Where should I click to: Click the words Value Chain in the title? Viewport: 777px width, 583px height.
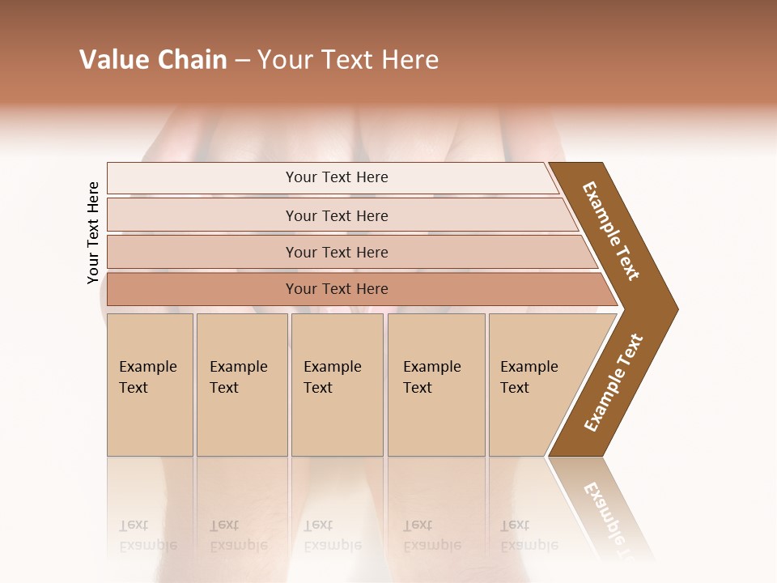[x=153, y=60]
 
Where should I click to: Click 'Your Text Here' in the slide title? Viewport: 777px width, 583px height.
[x=348, y=60]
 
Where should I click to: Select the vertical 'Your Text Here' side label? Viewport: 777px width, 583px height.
[x=93, y=232]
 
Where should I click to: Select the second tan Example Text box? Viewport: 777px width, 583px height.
[x=242, y=385]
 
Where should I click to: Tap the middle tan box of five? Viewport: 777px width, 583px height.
[x=337, y=385]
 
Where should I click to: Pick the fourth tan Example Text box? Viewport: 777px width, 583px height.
[x=436, y=385]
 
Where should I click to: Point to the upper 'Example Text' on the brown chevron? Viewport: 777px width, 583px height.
[x=611, y=231]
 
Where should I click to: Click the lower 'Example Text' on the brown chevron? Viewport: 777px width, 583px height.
[x=614, y=383]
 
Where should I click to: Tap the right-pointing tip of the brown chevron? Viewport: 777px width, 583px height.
[x=672, y=309]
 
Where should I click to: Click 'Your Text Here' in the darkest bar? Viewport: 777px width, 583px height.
[x=337, y=289]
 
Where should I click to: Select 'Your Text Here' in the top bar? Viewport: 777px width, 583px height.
[x=337, y=177]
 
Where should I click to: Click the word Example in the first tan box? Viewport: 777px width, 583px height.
[x=147, y=367]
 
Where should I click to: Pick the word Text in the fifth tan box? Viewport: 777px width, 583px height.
[x=514, y=388]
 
